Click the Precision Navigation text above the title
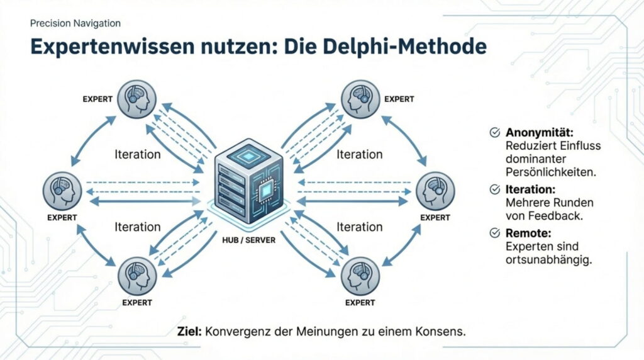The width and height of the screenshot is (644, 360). (75, 23)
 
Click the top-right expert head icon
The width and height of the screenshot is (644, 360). (360, 99)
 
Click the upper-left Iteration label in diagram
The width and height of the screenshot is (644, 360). (138, 154)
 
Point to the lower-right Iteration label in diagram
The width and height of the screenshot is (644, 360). (359, 227)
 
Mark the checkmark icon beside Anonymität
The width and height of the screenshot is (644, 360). (495, 133)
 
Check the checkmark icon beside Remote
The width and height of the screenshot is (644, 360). (495, 233)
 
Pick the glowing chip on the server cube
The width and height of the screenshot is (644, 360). (266, 189)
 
